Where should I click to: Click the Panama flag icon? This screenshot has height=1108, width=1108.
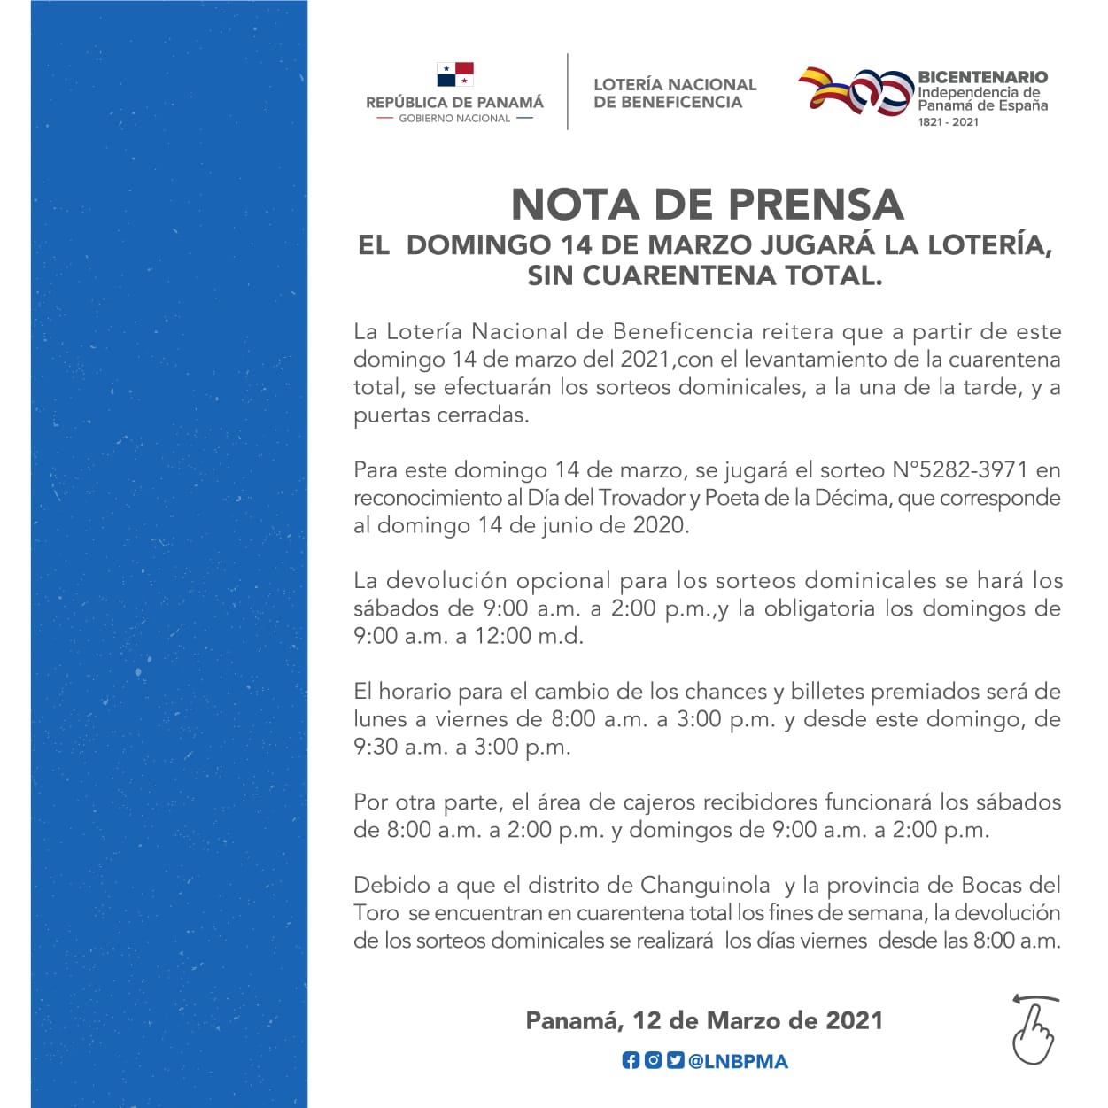click(x=455, y=74)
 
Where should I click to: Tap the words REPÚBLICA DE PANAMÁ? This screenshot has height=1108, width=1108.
click(x=454, y=103)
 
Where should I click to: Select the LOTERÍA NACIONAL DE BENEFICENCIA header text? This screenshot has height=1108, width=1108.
click(x=675, y=93)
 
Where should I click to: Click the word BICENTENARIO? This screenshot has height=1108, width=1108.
click(x=982, y=77)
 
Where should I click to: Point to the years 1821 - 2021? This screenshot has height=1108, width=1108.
click(x=948, y=122)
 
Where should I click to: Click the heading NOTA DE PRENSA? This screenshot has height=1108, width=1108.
click(x=707, y=205)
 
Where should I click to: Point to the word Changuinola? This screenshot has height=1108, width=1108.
click(x=705, y=885)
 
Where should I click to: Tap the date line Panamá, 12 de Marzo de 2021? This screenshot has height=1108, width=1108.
click(x=704, y=1020)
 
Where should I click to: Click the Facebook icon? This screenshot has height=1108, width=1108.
click(x=630, y=1060)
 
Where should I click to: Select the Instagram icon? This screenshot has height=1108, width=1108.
click(x=653, y=1060)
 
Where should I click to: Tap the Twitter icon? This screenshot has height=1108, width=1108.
click(x=675, y=1060)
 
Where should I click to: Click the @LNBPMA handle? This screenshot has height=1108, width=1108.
click(x=739, y=1061)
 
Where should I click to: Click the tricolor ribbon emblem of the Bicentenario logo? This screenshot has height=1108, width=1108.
click(x=855, y=91)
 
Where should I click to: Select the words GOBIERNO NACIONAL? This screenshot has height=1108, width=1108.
click(x=454, y=119)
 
